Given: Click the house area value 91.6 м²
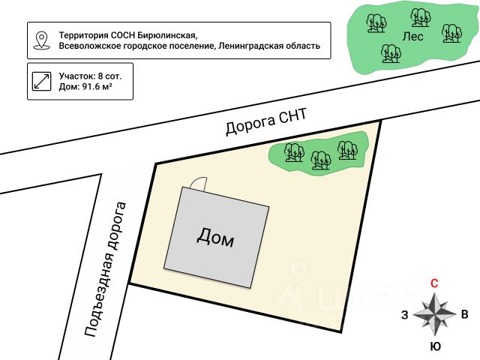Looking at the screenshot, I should tap(96, 87).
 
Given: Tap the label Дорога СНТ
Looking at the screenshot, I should tap(266, 121).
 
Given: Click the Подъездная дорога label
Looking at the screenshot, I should tap(104, 268).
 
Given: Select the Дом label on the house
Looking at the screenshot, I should tap(215, 238).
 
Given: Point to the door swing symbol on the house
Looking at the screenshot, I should tap(199, 183).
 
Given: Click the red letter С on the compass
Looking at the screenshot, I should tap(434, 283).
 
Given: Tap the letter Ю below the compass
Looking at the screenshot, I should tap(434, 346).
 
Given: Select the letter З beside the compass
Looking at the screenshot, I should tap(405, 315).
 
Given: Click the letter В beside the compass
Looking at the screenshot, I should tap(464, 315).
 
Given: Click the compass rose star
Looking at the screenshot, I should tap(434, 314).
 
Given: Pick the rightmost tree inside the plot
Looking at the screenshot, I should tap(346, 149).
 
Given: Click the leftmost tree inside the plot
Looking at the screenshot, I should tap(294, 152).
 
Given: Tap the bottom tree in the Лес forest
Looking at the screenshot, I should tap(390, 52).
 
